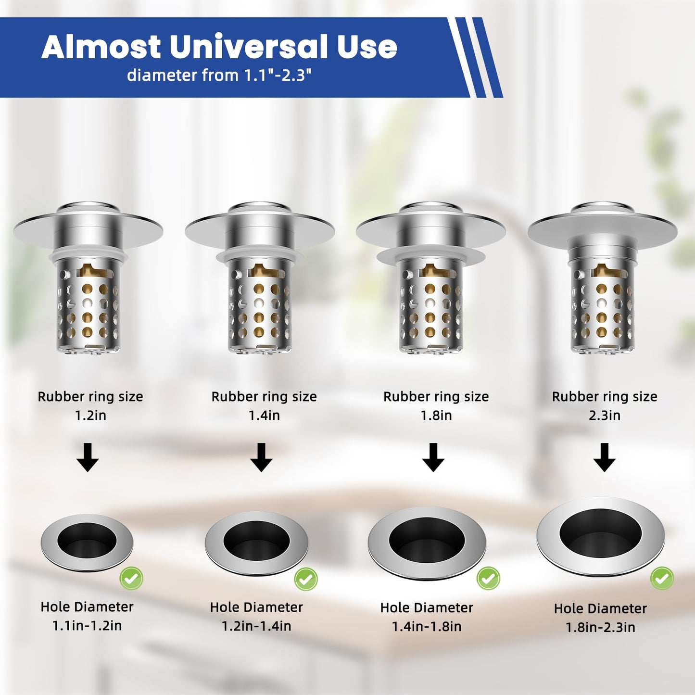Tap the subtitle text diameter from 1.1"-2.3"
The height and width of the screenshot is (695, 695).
click(219, 75)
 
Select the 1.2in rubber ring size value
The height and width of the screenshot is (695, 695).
click(90, 415)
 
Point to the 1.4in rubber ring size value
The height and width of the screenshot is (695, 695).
click(264, 415)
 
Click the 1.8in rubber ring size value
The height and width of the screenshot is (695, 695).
click(436, 415)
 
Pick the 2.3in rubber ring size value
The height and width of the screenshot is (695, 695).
click(605, 415)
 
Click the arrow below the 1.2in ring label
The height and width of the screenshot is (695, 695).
click(88, 457)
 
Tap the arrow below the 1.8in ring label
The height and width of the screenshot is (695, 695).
click(433, 457)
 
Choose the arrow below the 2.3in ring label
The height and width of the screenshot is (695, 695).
click(605, 457)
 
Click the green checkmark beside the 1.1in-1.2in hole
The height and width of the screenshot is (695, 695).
click(131, 578)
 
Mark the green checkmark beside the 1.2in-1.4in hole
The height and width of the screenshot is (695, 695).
click(306, 579)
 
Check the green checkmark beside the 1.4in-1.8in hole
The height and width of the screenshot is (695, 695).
click(488, 578)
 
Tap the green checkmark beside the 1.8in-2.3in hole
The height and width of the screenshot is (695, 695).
click(662, 578)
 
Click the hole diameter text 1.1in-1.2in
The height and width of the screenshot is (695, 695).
click(87, 626)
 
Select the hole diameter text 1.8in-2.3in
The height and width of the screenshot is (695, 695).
click(600, 627)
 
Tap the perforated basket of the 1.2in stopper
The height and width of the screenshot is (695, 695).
click(88, 308)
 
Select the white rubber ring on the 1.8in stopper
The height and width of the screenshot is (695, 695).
click(430, 255)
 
